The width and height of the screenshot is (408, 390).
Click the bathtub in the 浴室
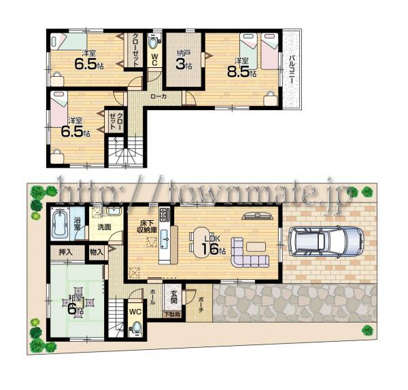60,224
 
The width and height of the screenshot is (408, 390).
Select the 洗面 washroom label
104,226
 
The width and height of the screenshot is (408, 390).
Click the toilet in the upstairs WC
154,41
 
